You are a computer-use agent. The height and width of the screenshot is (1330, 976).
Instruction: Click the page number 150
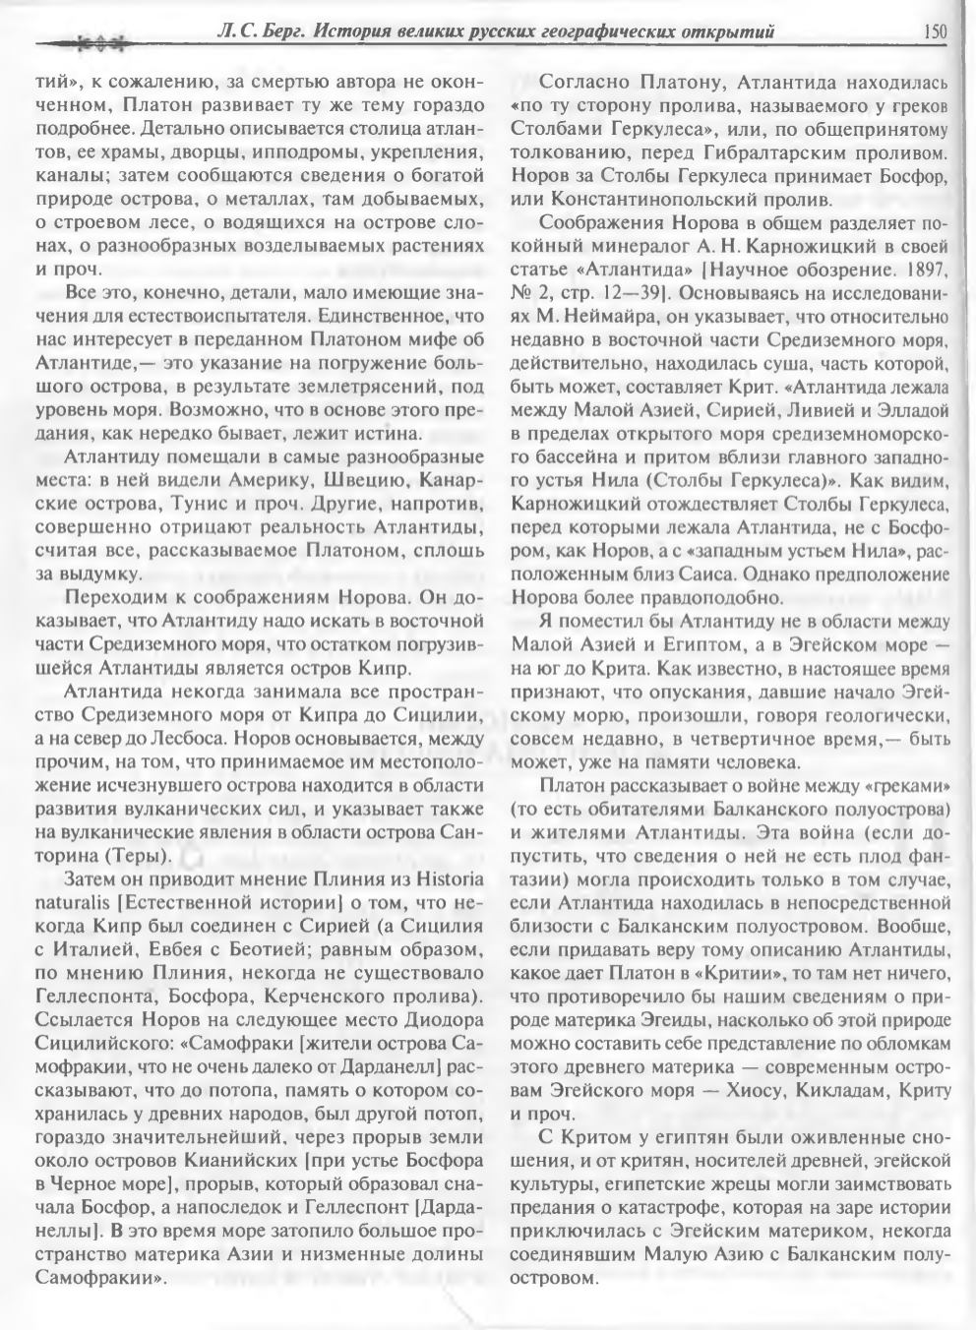(x=934, y=31)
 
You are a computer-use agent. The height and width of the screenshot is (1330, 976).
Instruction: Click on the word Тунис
(x=199, y=502)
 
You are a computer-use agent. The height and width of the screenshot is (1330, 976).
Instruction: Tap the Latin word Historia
(x=447, y=877)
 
